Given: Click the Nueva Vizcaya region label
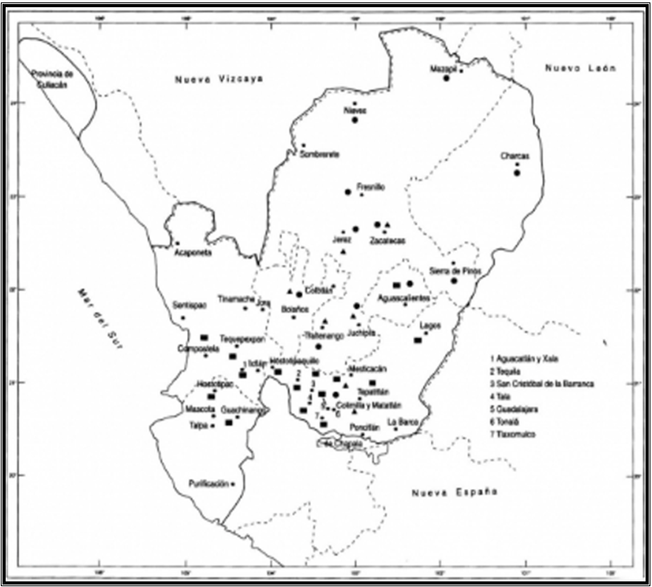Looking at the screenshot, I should tap(219, 78).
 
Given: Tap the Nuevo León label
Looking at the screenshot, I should tap(580, 68).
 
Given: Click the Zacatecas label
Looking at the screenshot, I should tap(387, 240).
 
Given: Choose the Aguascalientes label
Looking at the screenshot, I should tap(403, 298).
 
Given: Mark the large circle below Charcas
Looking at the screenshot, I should tap(517, 172).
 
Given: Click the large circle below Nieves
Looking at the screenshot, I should tap(354, 119).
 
